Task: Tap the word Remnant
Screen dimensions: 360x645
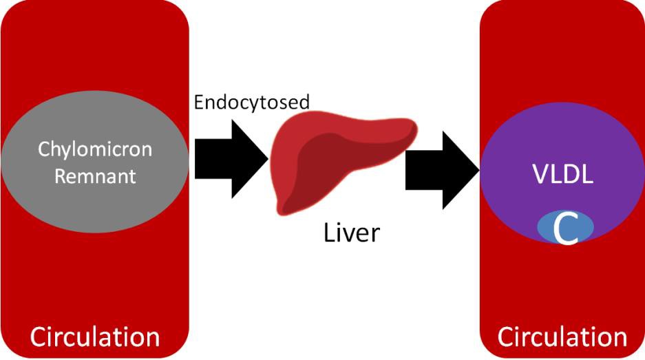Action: coord(94,176)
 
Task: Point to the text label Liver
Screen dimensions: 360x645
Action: coord(351,232)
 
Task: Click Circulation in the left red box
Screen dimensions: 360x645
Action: coord(94,337)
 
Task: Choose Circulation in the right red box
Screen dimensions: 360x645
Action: coord(562,337)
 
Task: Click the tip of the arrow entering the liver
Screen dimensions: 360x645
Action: coord(267,159)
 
